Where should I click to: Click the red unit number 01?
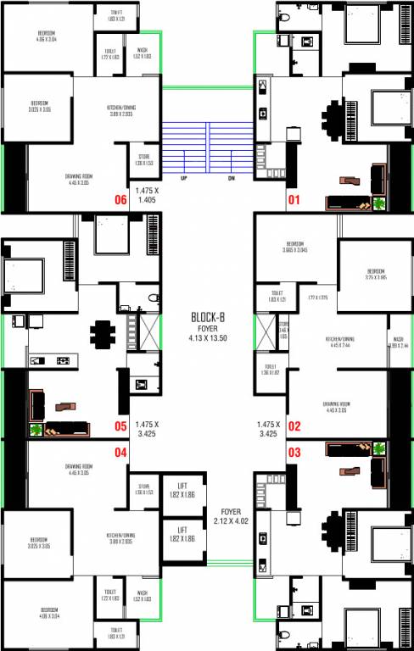click(294, 201)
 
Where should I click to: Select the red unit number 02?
click(294, 426)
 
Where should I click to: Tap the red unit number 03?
click(294, 452)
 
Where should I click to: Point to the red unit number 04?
click(120, 452)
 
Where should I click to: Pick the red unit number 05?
click(120, 426)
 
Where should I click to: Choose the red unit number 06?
click(120, 201)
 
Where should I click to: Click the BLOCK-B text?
click(207, 318)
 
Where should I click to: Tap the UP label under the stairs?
click(183, 178)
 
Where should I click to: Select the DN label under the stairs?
click(231, 178)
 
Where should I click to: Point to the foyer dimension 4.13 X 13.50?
click(207, 338)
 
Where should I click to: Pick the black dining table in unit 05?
click(103, 332)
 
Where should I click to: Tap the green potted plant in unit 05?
click(36, 429)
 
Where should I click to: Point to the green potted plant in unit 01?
click(377, 203)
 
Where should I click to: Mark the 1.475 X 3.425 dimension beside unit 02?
click(267, 428)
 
